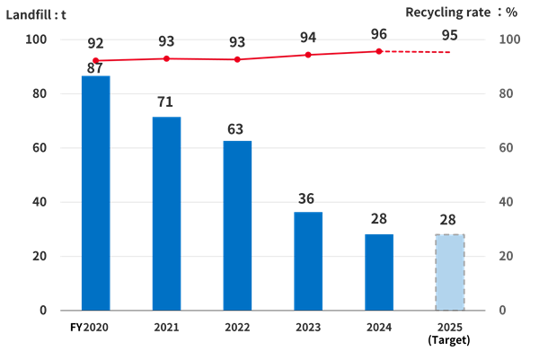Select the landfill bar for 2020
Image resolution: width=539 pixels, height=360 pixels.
95,192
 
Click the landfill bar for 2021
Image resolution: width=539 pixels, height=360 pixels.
166,213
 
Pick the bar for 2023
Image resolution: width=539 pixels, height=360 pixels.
308,260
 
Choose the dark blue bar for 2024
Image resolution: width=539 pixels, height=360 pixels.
379,271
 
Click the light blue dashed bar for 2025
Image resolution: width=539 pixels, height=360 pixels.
450,271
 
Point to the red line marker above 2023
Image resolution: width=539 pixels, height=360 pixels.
308,55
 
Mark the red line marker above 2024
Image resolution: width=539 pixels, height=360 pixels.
379,51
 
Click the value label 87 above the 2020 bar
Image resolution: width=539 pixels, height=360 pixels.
93,67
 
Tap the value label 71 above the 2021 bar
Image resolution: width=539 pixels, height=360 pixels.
164,101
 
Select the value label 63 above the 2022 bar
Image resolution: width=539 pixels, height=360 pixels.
236,129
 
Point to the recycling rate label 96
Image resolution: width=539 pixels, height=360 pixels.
379,33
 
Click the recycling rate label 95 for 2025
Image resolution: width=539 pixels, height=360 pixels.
450,35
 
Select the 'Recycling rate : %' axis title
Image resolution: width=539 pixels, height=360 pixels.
461,12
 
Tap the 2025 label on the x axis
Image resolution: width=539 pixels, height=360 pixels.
450,328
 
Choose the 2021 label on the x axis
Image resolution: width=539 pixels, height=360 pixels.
166,328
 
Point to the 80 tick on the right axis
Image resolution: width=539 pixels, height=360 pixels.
508,94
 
